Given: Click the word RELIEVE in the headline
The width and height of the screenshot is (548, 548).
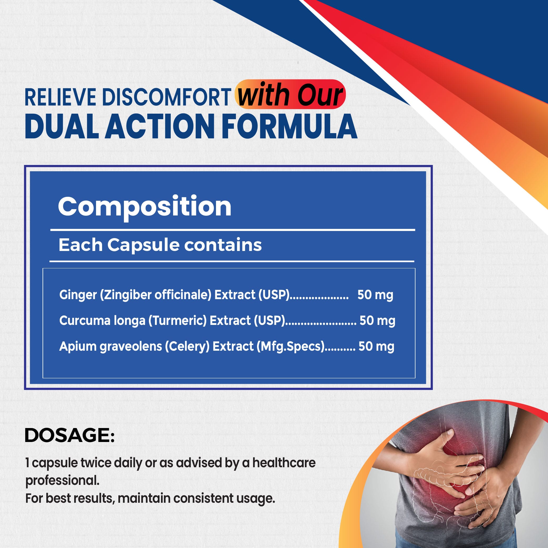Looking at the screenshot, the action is [x=61, y=97].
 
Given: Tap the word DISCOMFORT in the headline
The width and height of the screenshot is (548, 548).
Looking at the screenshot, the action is [x=167, y=97].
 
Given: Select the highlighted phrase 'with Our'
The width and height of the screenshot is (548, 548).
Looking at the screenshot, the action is [x=290, y=94].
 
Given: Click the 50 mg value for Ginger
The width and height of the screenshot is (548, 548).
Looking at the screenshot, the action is [x=375, y=295].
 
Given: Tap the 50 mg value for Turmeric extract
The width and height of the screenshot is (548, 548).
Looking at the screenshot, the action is [x=377, y=320].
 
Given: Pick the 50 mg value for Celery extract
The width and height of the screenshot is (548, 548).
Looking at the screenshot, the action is [x=376, y=346].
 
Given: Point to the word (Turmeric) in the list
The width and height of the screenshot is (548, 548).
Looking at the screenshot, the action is [x=178, y=321].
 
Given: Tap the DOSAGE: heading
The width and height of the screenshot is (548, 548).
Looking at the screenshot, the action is [x=70, y=435].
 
